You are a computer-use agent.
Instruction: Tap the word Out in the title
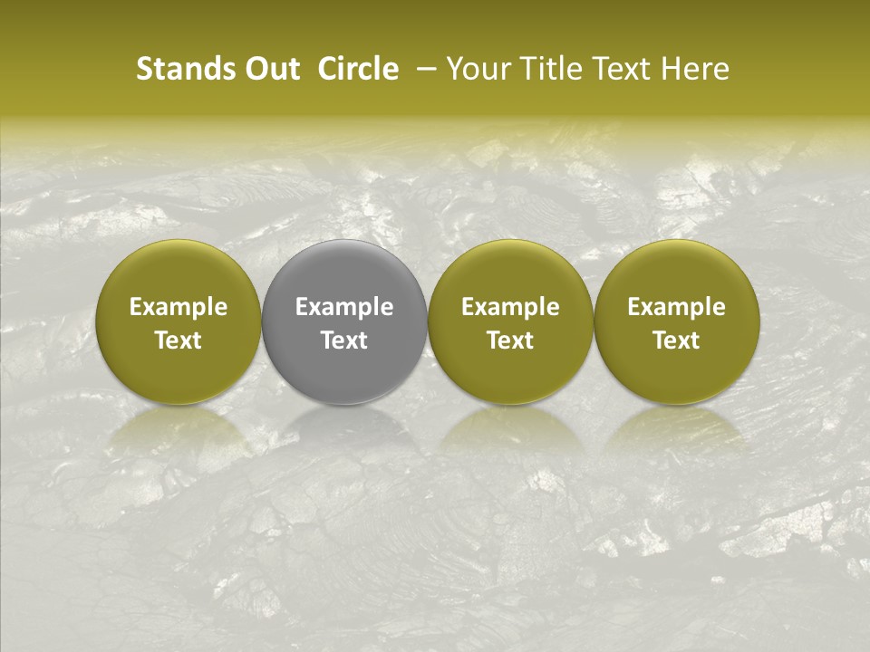(270, 69)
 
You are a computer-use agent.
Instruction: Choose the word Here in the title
(698, 69)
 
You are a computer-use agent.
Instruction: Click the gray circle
(344, 321)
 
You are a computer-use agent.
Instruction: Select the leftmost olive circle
(179, 321)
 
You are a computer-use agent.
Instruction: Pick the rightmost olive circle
(676, 321)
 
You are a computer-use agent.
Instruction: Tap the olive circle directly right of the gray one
(510, 321)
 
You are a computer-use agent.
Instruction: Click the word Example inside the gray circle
(344, 308)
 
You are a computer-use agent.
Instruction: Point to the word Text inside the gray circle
(344, 340)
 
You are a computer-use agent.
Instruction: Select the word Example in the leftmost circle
(179, 308)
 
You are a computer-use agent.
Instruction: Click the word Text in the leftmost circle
(179, 340)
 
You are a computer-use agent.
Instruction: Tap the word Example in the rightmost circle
(676, 308)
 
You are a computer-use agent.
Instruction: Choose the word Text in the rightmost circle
(676, 340)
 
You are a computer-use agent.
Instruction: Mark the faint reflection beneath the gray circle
(344, 430)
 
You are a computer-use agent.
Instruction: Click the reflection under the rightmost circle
(676, 430)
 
